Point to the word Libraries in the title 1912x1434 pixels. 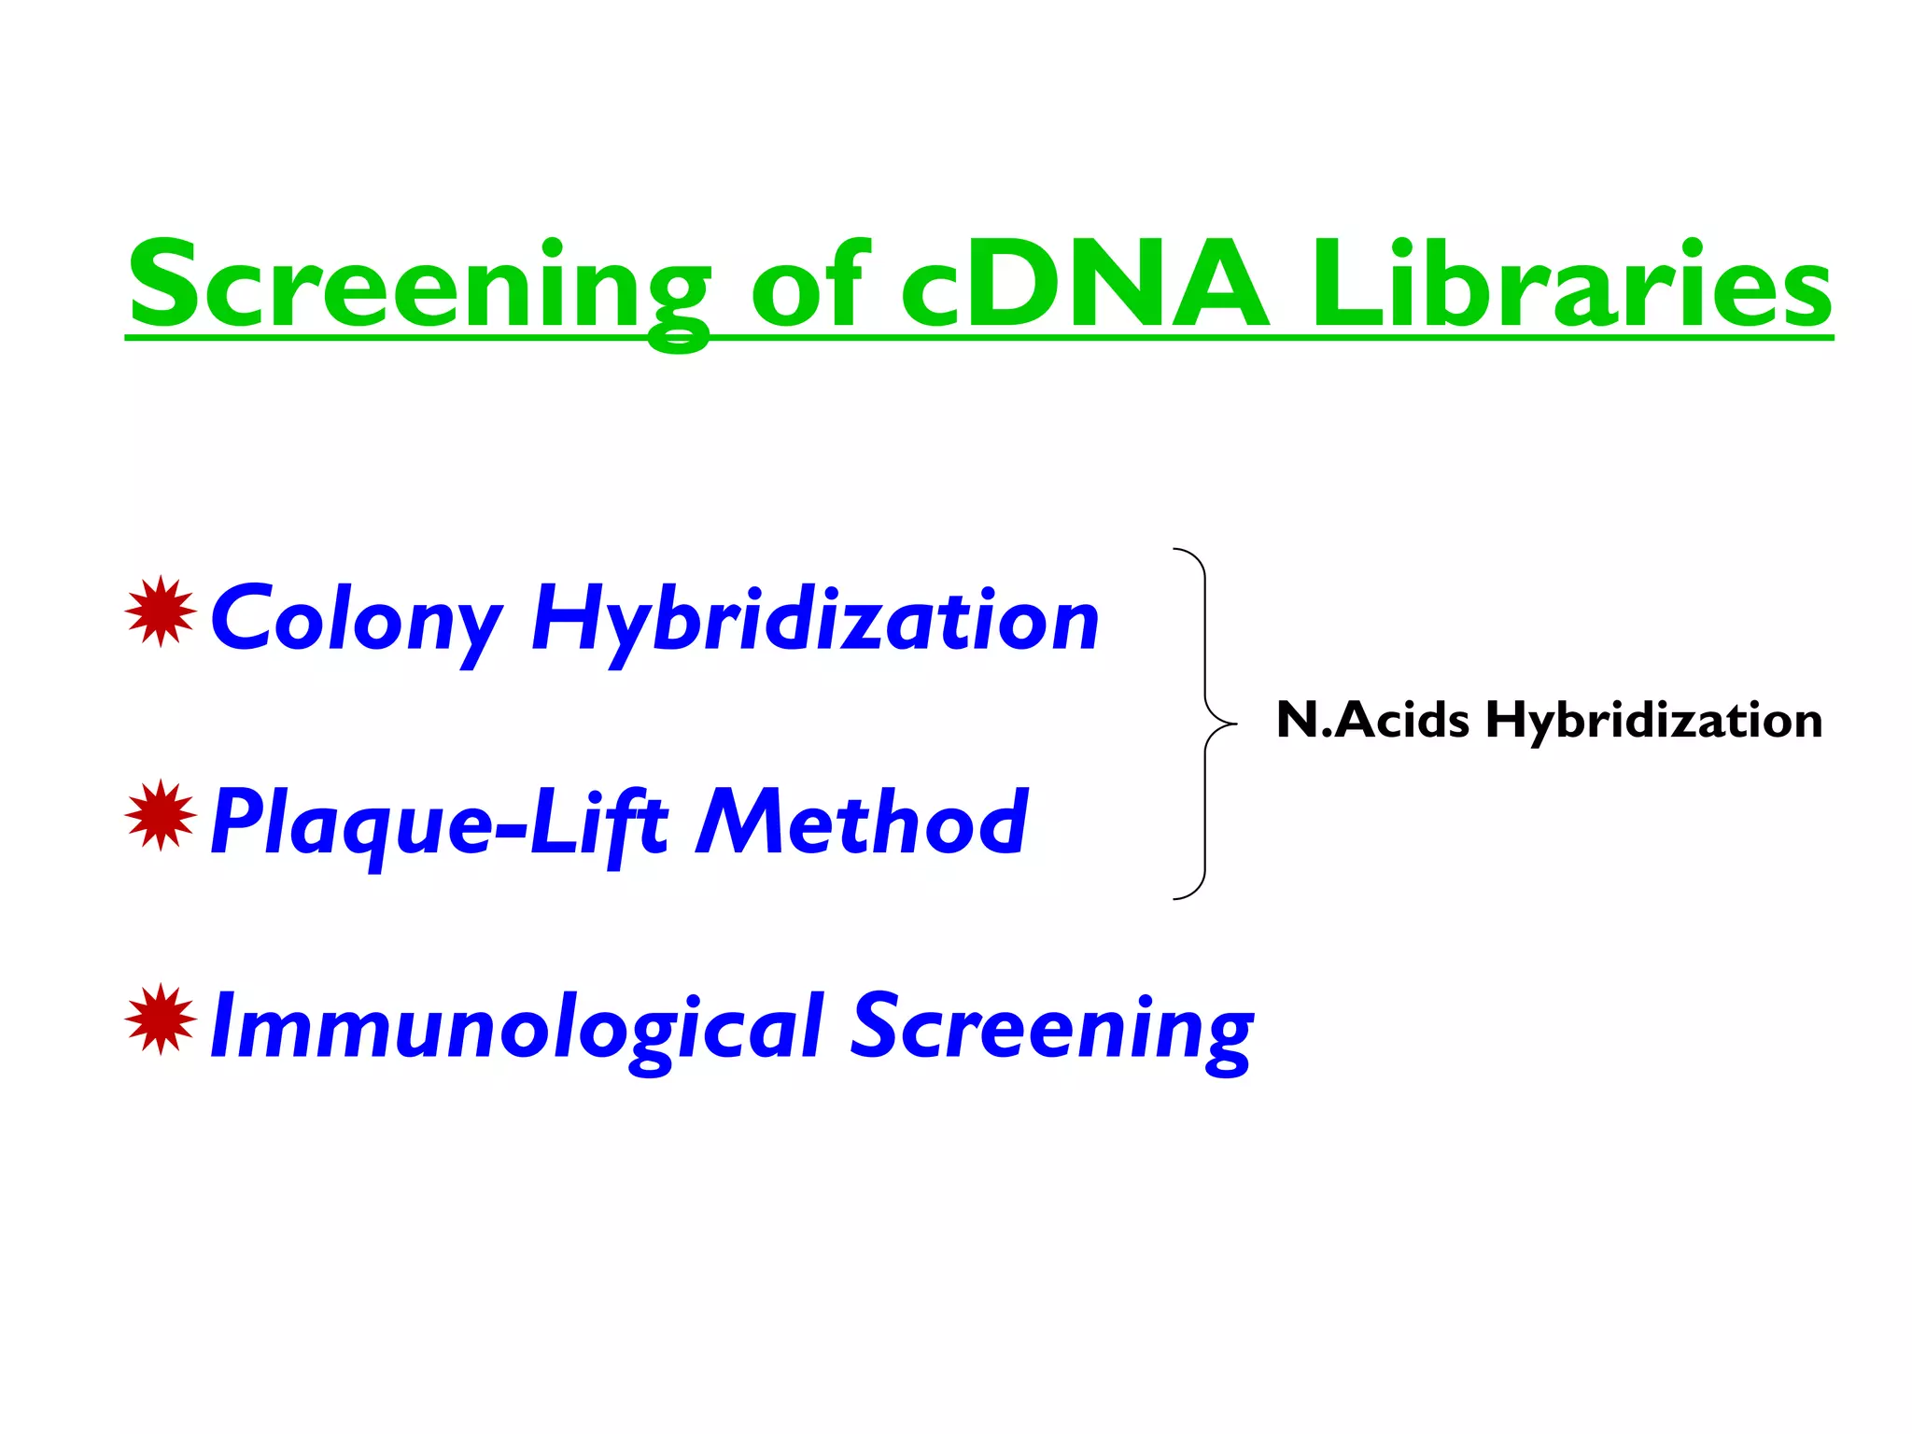click(x=1572, y=285)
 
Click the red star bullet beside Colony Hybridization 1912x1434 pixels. click(x=161, y=612)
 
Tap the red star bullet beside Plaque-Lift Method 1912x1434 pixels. click(x=161, y=815)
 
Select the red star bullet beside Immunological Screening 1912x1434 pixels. click(x=161, y=1019)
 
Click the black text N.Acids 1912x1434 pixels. click(x=1372, y=721)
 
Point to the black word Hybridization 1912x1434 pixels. click(x=1653, y=721)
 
